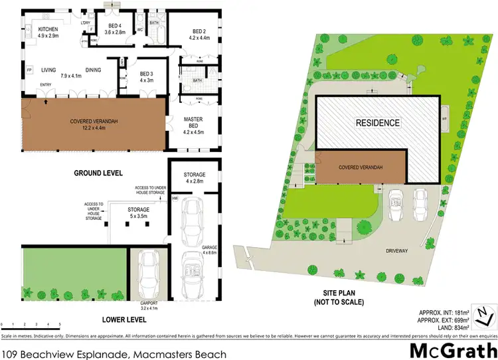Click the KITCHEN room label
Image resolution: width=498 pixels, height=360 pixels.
click(48, 30)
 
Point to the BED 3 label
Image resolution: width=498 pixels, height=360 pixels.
click(147, 74)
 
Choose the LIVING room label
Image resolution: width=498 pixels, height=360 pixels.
click(49, 70)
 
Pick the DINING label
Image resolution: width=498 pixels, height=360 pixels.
click(93, 70)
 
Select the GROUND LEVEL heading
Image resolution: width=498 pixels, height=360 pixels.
click(99, 173)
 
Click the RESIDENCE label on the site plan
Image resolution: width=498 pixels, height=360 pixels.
click(378, 123)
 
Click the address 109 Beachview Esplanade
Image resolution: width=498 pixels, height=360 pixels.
click(114, 353)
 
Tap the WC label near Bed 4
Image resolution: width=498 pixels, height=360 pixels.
click(140, 30)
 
